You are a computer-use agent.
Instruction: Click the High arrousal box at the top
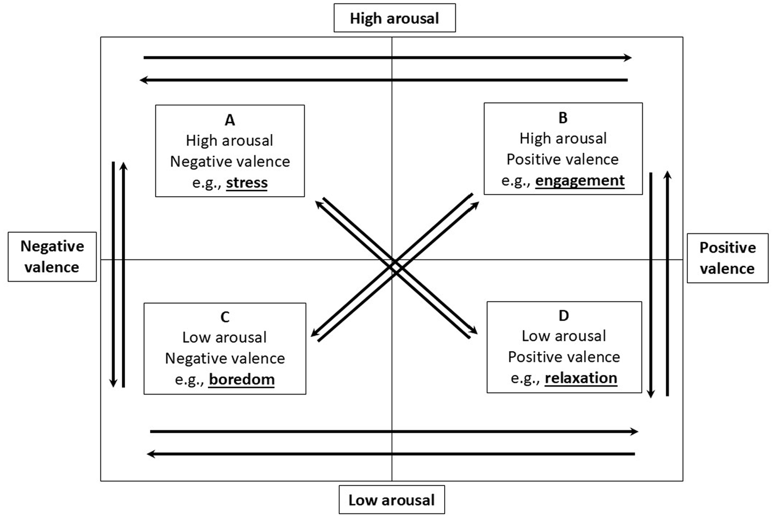click(394, 18)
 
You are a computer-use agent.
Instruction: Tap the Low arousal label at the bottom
click(391, 500)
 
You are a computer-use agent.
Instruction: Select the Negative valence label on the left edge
click(52, 257)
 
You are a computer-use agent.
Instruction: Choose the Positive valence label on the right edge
click(727, 258)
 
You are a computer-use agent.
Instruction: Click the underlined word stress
click(247, 183)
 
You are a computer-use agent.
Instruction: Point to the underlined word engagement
click(580, 181)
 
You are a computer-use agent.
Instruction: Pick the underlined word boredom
click(242, 380)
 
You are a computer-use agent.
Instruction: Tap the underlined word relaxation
click(581, 378)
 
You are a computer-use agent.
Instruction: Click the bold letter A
click(230, 120)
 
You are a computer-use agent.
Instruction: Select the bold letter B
click(563, 118)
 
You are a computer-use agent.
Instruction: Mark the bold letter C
click(225, 317)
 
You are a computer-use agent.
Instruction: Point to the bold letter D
click(564, 316)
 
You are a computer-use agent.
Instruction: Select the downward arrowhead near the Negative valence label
click(113, 383)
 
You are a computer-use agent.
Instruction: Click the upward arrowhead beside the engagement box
click(667, 175)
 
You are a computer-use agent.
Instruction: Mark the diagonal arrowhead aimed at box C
click(315, 333)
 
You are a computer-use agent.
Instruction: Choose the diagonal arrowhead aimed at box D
click(474, 330)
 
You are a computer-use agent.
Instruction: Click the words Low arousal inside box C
click(225, 337)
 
